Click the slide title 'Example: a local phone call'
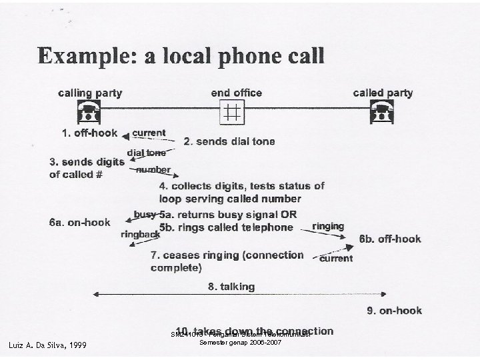[181, 55]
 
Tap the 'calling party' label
[89, 93]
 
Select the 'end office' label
[236, 93]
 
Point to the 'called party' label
[383, 93]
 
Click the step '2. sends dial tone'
[229, 141]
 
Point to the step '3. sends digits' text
[87, 161]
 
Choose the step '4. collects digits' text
[241, 186]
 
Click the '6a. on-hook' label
[79, 222]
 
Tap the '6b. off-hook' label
[390, 239]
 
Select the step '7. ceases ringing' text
[227, 255]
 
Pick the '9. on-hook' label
[394, 310]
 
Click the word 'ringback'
[140, 235]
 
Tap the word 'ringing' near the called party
[328, 226]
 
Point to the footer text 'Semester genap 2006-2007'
[237, 342]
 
